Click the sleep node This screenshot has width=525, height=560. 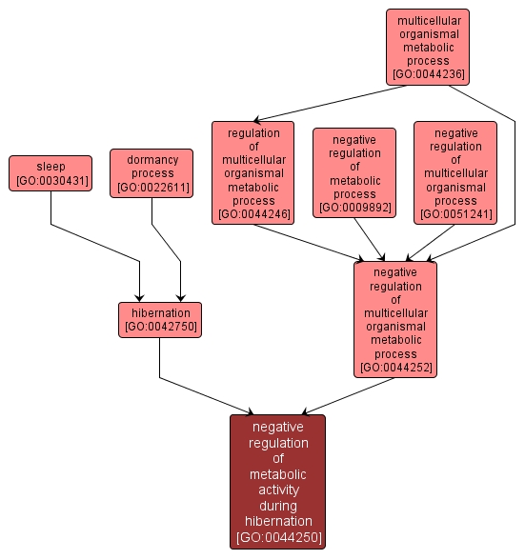(x=50, y=173)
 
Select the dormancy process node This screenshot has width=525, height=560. (x=151, y=173)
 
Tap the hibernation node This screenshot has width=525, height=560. (x=159, y=319)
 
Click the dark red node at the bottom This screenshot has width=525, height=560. (x=277, y=481)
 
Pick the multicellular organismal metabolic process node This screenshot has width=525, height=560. (x=428, y=46)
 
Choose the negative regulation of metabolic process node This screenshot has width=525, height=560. (x=353, y=172)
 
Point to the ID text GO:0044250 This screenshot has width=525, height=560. (x=278, y=538)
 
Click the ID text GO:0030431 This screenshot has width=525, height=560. (x=51, y=181)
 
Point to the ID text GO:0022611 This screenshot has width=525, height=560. (x=151, y=188)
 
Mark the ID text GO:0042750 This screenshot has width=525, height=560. (x=159, y=327)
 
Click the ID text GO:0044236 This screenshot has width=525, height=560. (x=428, y=74)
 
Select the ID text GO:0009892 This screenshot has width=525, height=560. (x=354, y=207)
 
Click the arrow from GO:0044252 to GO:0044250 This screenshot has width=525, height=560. (x=348, y=395)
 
